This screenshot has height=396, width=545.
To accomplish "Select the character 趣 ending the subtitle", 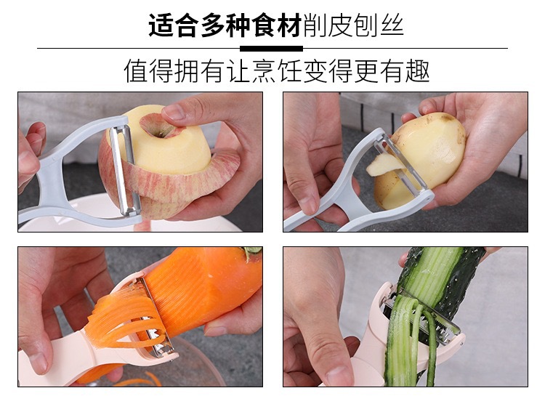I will [417, 71].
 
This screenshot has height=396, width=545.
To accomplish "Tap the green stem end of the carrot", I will [253, 252].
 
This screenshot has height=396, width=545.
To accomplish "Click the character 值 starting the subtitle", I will [137, 71].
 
